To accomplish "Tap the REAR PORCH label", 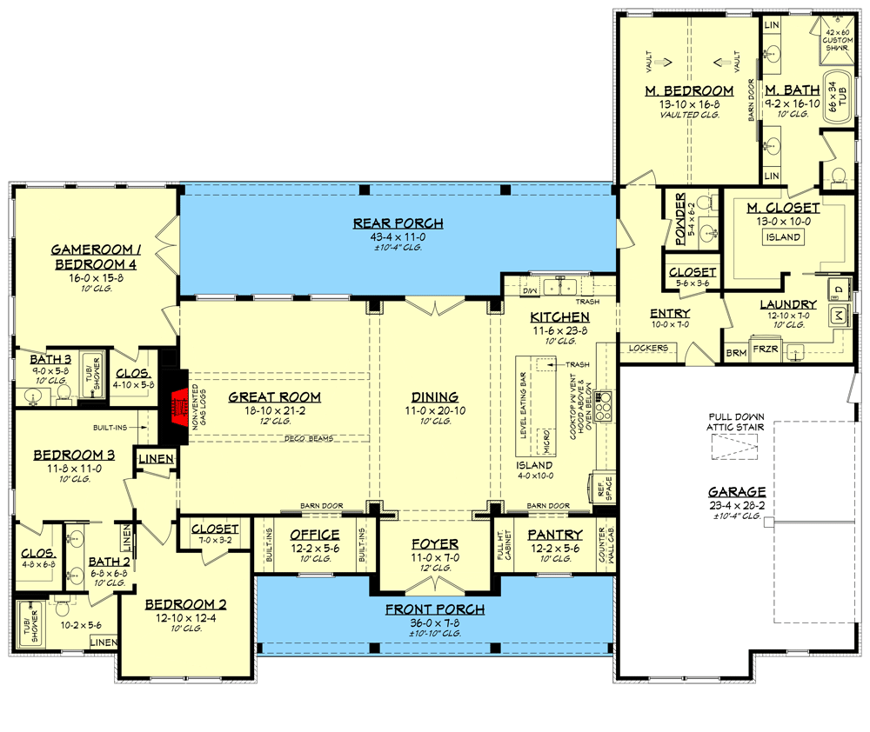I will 398,223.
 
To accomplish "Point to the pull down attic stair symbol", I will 734,448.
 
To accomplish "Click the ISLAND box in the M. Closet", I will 783,238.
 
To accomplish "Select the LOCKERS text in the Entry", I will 648,348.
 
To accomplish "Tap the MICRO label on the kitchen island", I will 545,441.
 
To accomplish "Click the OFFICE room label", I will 314,534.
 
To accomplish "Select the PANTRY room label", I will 554,534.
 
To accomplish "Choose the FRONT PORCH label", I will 434,609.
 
